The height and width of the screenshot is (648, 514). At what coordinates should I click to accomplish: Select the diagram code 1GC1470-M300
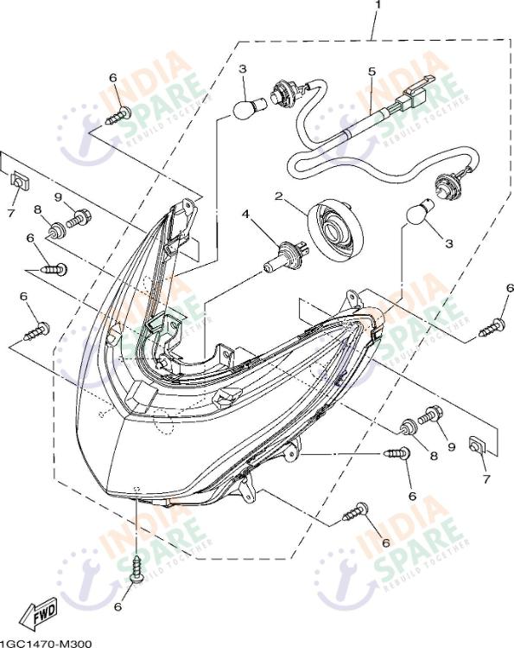46,643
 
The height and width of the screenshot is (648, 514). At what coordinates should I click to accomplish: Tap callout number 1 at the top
377,4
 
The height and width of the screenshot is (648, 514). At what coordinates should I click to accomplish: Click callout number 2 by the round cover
279,196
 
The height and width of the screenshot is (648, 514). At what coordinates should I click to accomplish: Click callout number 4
245,215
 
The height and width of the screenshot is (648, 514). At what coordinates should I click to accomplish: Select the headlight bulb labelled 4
284,255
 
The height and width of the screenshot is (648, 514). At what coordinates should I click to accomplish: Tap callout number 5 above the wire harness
372,72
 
